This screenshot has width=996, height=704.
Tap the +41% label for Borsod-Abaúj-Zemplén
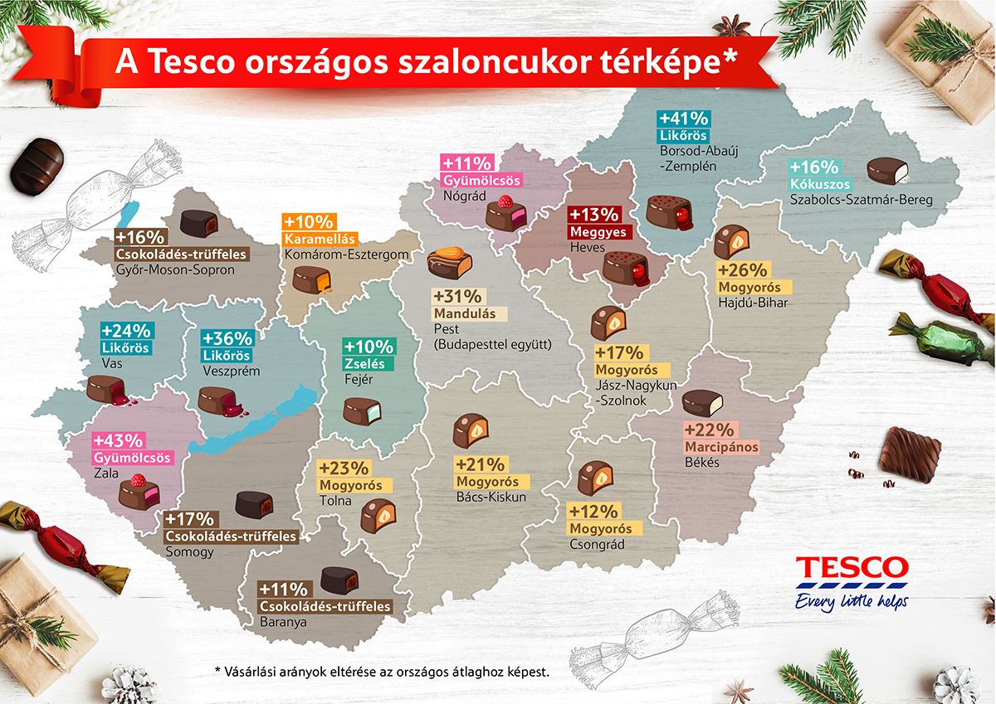681,117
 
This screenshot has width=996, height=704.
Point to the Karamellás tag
320,239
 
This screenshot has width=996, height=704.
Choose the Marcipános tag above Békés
721,447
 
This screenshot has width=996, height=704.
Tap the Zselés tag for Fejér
368,363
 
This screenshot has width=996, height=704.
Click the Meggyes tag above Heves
598,231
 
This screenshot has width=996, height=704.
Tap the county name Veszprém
232,371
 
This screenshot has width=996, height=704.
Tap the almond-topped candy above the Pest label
449,265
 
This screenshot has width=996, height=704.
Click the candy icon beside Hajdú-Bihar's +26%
730,241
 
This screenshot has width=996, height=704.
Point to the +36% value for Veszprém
228,338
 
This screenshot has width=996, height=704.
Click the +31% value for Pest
456,297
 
